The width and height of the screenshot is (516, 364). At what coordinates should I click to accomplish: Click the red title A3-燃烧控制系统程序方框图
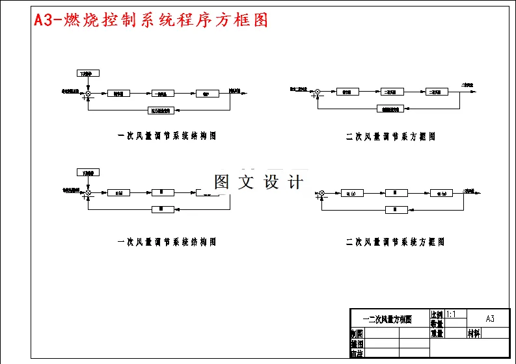coord(150,20)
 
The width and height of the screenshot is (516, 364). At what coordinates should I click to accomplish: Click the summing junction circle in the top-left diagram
coord(88,94)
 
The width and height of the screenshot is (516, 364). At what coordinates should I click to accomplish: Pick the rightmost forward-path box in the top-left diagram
coord(206,94)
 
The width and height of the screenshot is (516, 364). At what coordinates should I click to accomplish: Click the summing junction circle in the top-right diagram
coord(318,92)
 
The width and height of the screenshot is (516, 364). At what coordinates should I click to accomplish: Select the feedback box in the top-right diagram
coord(390,109)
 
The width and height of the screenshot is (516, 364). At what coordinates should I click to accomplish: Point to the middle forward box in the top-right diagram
coord(391,92)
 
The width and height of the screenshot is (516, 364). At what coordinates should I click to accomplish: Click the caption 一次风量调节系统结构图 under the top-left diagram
coord(167,136)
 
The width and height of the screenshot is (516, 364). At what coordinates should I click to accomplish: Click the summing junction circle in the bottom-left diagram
coord(88,192)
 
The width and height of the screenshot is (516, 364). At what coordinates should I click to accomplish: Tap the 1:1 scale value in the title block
coord(452,314)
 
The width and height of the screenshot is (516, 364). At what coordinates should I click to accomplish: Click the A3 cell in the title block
coord(489,318)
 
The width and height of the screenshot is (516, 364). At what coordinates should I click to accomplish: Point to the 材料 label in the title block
coord(474,333)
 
